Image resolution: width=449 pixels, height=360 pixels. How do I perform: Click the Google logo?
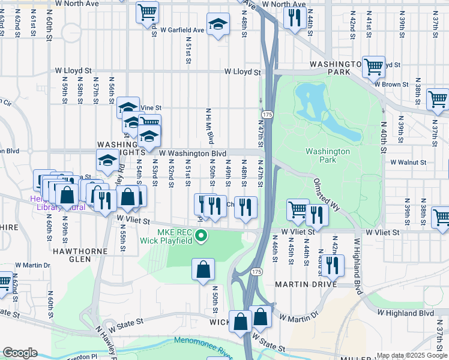click(x=19, y=353)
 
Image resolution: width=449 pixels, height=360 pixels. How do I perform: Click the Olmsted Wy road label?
click(x=327, y=194)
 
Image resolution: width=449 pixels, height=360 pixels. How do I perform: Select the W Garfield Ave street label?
click(x=182, y=30)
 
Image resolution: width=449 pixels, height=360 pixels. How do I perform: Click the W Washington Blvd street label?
click(x=192, y=154)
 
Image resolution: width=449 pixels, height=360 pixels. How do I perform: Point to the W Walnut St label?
click(x=408, y=162)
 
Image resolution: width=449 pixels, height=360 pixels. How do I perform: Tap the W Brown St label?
click(x=391, y=85)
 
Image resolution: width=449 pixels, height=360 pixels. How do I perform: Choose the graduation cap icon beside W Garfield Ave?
click(x=218, y=25)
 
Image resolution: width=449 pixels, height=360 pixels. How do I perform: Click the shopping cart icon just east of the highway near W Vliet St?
click(x=297, y=209)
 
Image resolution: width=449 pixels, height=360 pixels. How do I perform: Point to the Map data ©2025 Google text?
click(x=412, y=355)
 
